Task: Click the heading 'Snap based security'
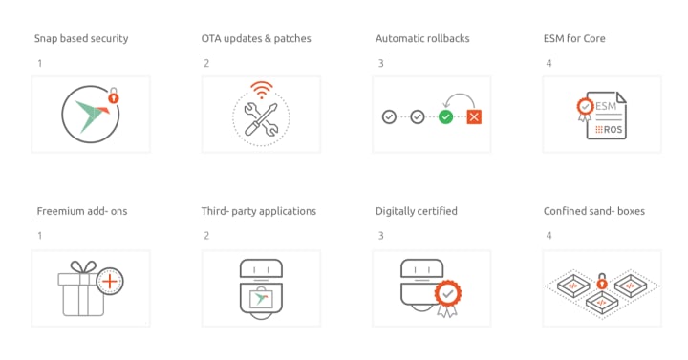[81, 38]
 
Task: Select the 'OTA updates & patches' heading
[256, 38]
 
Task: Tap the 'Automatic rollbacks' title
[422, 38]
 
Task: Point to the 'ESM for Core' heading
[574, 38]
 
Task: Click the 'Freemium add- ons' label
[82, 211]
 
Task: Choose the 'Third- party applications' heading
[258, 211]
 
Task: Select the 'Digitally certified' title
[416, 211]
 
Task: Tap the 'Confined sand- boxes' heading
[594, 211]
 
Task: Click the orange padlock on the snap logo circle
[114, 96]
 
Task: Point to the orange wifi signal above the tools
[262, 90]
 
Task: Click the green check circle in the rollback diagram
[446, 117]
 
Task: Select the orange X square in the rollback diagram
[474, 117]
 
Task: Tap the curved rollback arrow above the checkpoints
[459, 95]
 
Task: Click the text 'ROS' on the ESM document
[613, 129]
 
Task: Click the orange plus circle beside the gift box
[110, 281]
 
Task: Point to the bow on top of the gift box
[83, 266]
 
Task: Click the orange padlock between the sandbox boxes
[602, 282]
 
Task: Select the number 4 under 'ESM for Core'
[548, 64]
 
